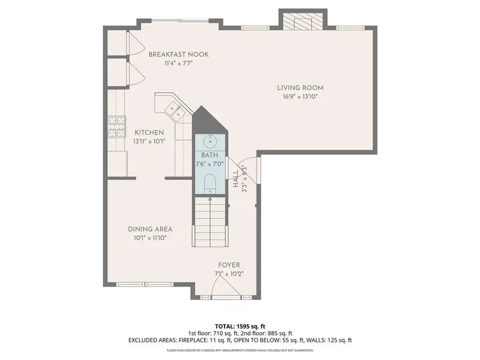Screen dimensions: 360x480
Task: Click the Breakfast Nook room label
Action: tap(178, 54)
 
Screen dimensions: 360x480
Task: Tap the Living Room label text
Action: tap(300, 88)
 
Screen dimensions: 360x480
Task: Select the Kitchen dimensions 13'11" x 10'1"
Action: tap(149, 141)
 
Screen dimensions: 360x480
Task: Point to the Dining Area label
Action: tap(150, 229)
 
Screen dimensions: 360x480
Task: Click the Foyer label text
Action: tap(229, 265)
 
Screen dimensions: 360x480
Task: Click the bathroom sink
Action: tap(210, 141)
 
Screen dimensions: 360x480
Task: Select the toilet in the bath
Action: tap(210, 182)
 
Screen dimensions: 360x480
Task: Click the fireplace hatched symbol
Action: tap(303, 21)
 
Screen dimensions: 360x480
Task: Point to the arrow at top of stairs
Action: tap(210, 199)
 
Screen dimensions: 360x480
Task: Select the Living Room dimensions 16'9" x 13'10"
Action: tap(300, 97)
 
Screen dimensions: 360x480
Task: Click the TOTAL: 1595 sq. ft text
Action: tap(239, 325)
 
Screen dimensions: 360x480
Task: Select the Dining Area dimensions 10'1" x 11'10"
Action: tap(150, 238)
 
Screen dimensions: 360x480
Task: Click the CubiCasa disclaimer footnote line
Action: tap(239, 350)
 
